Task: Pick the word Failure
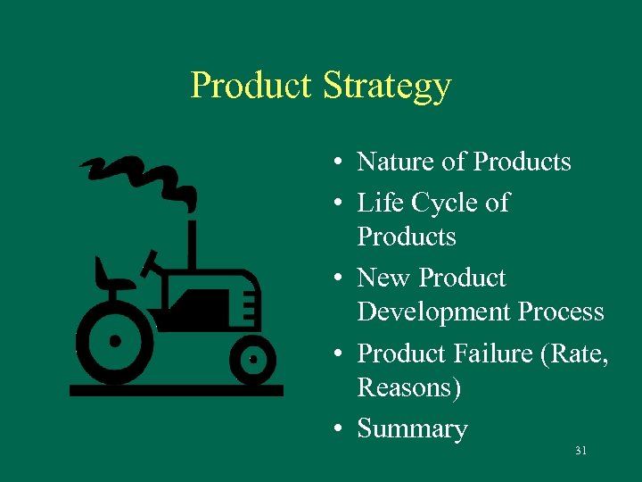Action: tap(489, 353)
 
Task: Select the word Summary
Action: tap(412, 429)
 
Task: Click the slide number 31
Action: tap(580, 451)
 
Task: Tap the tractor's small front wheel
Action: tap(252, 359)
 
